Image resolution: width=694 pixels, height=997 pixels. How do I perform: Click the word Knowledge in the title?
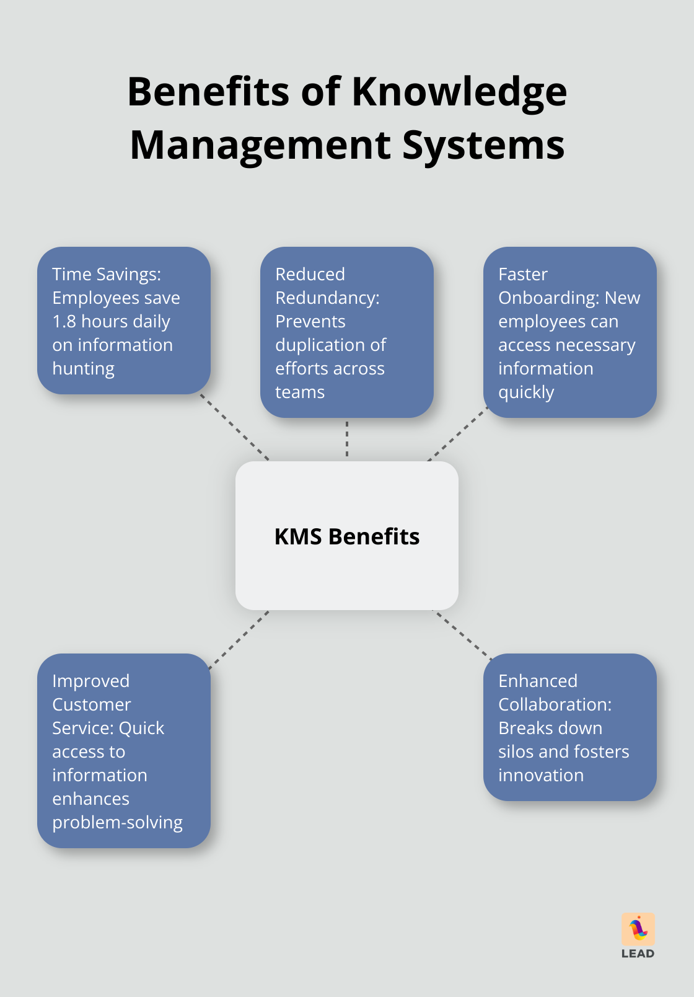(x=459, y=92)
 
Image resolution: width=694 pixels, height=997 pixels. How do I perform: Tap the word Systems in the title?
(x=483, y=145)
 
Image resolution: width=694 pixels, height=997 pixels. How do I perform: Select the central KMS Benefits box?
(x=347, y=536)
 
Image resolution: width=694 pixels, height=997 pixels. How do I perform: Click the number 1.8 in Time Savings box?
(x=64, y=321)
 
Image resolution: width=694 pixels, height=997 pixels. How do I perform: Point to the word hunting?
(x=83, y=369)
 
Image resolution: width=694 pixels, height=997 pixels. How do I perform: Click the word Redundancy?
(x=327, y=298)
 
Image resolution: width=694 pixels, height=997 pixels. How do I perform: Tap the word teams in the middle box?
(x=300, y=392)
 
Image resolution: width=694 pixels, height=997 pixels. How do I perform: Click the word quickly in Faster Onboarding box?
(x=526, y=392)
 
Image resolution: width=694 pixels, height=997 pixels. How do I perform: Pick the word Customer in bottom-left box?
(x=92, y=704)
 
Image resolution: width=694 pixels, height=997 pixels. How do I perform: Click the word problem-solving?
(x=117, y=823)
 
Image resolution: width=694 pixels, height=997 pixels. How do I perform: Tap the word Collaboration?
(x=554, y=704)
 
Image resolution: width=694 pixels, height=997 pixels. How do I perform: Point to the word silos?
(x=516, y=751)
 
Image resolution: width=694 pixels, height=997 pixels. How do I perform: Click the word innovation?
(x=541, y=775)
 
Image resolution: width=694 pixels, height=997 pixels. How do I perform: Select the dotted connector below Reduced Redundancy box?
(x=347, y=439)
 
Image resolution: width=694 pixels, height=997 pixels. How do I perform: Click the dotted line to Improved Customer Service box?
(x=239, y=640)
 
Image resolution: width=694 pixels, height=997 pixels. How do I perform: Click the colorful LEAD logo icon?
(x=638, y=929)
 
